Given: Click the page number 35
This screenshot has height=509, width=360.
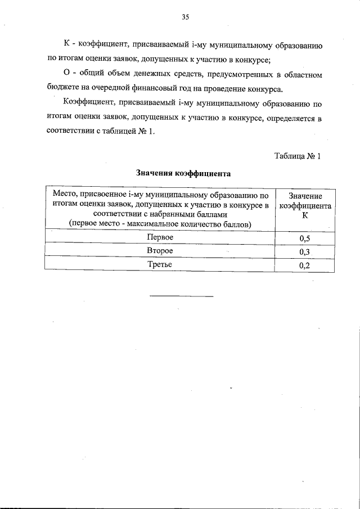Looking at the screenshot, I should click(x=185, y=17).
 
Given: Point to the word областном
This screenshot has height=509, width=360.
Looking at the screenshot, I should click(x=303, y=74).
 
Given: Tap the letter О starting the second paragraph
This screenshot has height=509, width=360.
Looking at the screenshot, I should click(x=67, y=74).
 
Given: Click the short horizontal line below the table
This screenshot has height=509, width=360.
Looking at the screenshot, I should click(x=182, y=295).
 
